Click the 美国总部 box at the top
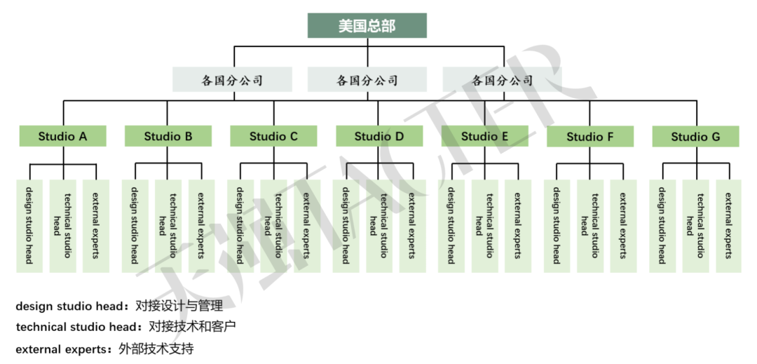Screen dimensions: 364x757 pyautogui.click(x=367, y=26)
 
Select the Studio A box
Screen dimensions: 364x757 pyautogui.click(x=62, y=136)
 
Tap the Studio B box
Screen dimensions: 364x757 pyautogui.click(x=168, y=136)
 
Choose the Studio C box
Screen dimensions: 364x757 pyautogui.click(x=273, y=136)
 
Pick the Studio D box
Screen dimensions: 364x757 pyautogui.click(x=379, y=136)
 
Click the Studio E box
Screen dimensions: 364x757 pyautogui.click(x=485, y=136)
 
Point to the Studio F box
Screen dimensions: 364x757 pyautogui.click(x=590, y=136)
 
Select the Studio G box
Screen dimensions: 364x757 pyautogui.click(x=695, y=136)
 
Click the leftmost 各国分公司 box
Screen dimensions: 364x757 pyautogui.click(x=233, y=80)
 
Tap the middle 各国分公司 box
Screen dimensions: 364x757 pyautogui.click(x=367, y=80)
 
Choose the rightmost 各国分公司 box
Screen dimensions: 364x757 pyautogui.click(x=503, y=80)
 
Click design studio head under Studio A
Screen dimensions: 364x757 pyautogui.click(x=29, y=226)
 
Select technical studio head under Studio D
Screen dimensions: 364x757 pyautogui.click(x=379, y=226)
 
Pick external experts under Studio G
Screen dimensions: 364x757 pyautogui.click(x=728, y=226)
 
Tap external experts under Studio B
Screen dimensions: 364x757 pyautogui.click(x=201, y=226)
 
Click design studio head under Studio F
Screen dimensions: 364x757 pyautogui.click(x=557, y=226)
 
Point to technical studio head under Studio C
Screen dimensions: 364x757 pyautogui.click(x=273, y=226)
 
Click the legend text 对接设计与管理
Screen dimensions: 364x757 pyautogui.click(x=179, y=306)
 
